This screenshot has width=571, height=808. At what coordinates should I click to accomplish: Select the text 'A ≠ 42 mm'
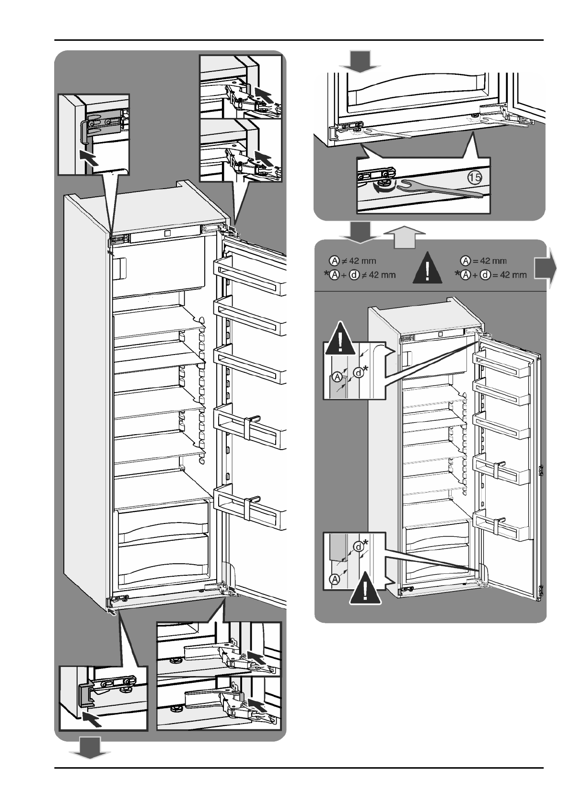[352, 261]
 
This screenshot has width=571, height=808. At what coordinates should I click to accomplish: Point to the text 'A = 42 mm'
[483, 261]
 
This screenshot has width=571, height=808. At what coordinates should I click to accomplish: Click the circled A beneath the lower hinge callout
[335, 580]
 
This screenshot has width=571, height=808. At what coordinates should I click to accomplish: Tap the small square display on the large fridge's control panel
[168, 233]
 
